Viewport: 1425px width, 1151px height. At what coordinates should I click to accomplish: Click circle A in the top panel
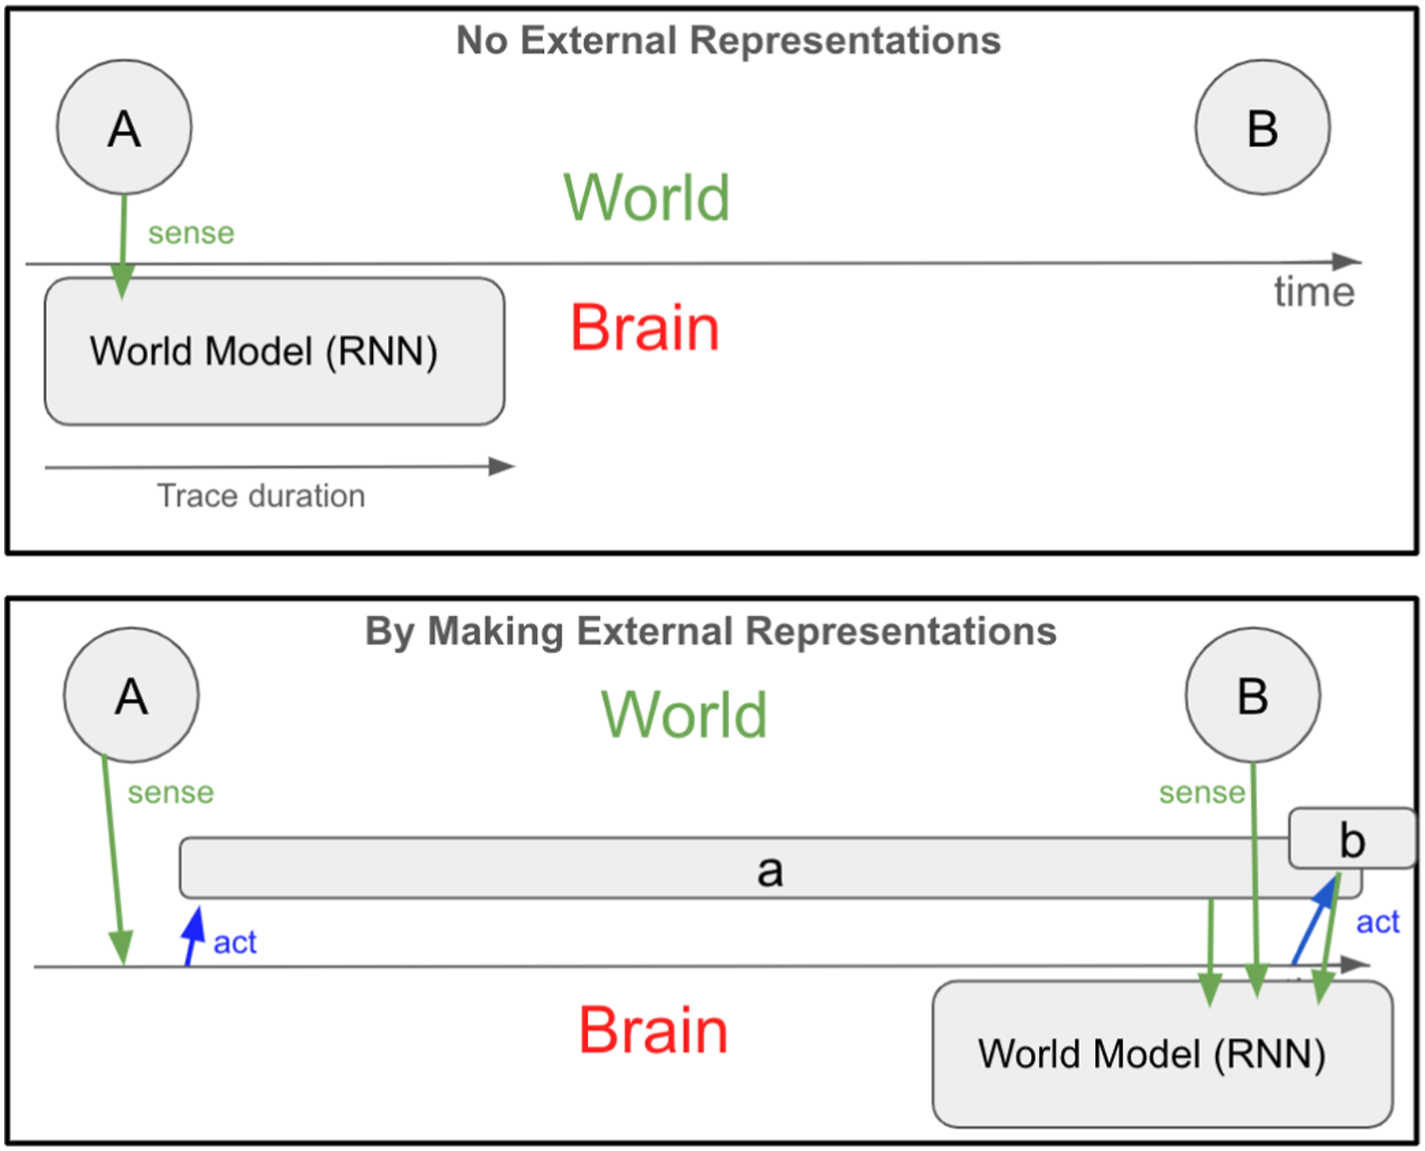tap(124, 127)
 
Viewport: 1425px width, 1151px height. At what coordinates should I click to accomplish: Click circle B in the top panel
tap(1263, 127)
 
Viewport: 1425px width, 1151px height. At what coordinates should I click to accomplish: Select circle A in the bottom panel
tap(131, 695)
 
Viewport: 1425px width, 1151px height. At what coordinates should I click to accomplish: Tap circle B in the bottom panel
tap(1253, 695)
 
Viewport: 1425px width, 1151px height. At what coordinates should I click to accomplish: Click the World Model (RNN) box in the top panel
tap(275, 351)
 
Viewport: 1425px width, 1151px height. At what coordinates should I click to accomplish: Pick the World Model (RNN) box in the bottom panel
tap(1162, 1054)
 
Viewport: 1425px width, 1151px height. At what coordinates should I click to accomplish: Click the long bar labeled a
tap(770, 868)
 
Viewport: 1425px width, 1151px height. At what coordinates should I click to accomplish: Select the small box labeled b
tap(1352, 838)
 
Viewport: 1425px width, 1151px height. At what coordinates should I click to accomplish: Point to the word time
tap(1314, 292)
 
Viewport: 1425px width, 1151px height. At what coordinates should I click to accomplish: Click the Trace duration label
tap(261, 496)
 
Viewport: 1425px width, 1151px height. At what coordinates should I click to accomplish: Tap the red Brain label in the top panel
tap(645, 328)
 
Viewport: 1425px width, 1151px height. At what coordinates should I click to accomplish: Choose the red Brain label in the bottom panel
tap(653, 1030)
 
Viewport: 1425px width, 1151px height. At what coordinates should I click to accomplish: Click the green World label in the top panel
tap(647, 197)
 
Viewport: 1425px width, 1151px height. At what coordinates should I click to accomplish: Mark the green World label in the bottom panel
tap(685, 714)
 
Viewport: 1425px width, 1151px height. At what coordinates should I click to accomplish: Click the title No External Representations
tap(728, 40)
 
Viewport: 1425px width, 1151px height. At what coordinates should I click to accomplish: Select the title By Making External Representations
tap(711, 632)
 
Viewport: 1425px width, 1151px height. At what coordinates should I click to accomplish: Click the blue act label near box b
tap(1378, 922)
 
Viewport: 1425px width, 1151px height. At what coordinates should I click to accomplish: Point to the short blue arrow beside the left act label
tap(193, 936)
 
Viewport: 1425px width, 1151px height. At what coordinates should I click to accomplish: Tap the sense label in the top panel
tap(192, 234)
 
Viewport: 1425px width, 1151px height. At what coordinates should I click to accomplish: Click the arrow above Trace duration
tap(280, 467)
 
